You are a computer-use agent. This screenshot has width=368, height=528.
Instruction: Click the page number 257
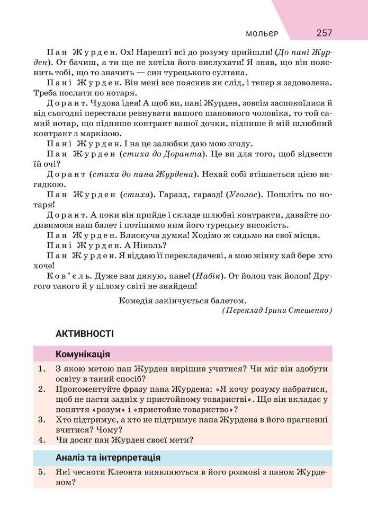pyautogui.click(x=324, y=33)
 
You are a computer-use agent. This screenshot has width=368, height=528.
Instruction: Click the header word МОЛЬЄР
pyautogui.click(x=262, y=34)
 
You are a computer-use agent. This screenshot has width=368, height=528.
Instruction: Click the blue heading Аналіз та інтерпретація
pyautogui.click(x=107, y=457)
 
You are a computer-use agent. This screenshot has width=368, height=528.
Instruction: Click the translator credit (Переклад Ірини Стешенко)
pyautogui.click(x=277, y=310)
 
